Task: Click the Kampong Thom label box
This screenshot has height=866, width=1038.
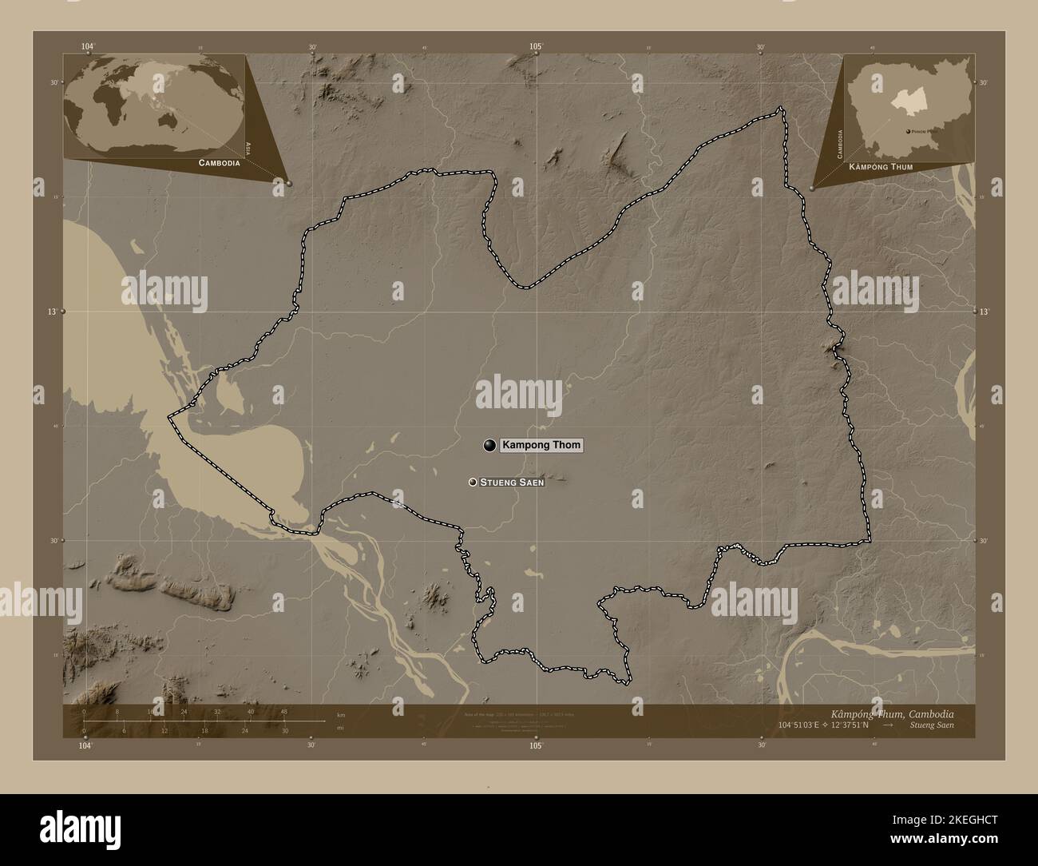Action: click(541, 446)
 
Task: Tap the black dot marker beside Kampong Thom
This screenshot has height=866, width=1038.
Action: click(489, 446)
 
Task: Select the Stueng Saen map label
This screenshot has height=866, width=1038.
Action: click(512, 483)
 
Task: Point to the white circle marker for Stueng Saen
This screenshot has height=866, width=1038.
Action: click(473, 482)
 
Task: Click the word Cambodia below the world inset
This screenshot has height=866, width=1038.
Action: click(215, 163)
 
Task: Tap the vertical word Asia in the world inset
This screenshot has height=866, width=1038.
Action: click(249, 148)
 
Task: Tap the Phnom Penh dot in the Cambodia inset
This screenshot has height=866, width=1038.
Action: click(908, 131)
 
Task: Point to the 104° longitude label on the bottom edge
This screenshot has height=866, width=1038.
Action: click(86, 745)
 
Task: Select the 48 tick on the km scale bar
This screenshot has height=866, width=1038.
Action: click(283, 711)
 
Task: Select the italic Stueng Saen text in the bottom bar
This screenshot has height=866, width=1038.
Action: click(931, 725)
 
